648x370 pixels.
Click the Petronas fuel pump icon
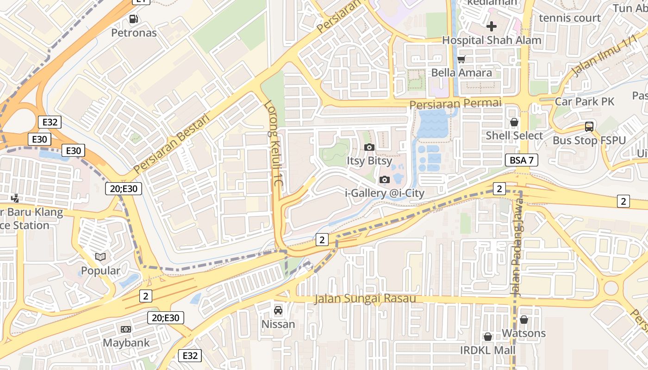(134, 19)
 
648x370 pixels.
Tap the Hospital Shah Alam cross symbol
(492, 26)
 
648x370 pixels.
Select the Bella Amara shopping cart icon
(461, 59)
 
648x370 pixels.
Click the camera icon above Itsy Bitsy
(369, 148)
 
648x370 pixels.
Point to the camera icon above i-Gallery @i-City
(384, 179)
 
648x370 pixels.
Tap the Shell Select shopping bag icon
(514, 122)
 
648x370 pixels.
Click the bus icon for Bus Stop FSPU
(589, 126)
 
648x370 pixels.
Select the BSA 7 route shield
(521, 160)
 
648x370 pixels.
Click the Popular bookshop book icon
(100, 257)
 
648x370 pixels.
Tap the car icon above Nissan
(278, 310)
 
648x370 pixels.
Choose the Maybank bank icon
(125, 329)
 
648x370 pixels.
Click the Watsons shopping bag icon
(524, 320)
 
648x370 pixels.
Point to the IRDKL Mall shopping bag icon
(487, 337)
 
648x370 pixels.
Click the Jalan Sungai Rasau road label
(365, 299)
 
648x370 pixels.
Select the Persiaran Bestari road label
(171, 144)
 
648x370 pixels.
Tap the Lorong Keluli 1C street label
(273, 144)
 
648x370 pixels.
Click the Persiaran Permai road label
(455, 103)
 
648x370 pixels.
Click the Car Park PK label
(585, 101)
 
